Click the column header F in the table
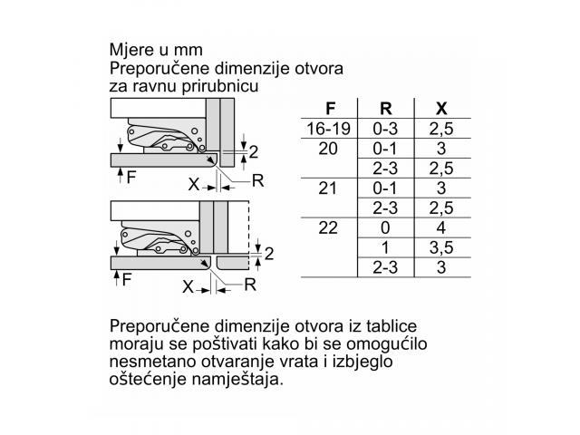pyautogui.click(x=330, y=109)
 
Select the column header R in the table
pyautogui.click(x=386, y=109)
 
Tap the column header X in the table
pyautogui.click(x=441, y=109)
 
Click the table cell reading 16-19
pyautogui.click(x=328, y=129)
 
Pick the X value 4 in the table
pyautogui.click(x=441, y=227)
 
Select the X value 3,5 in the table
pyautogui.click(x=441, y=247)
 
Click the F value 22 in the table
pyautogui.click(x=328, y=227)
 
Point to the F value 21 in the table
pyautogui.click(x=328, y=188)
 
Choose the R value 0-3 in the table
pyautogui.click(x=385, y=129)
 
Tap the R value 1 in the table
pyautogui.click(x=385, y=247)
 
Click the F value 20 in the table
pyautogui.click(x=328, y=149)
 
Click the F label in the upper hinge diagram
pyautogui.click(x=130, y=178)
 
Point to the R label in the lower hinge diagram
pyautogui.click(x=250, y=285)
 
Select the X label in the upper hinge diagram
pyautogui.click(x=194, y=184)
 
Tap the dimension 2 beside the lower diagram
pyautogui.click(x=269, y=254)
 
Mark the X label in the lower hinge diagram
pyautogui.click(x=188, y=286)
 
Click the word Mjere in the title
pyautogui.click(x=132, y=50)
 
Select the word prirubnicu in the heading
pyautogui.click(x=219, y=86)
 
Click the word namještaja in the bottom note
pyautogui.click(x=237, y=380)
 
